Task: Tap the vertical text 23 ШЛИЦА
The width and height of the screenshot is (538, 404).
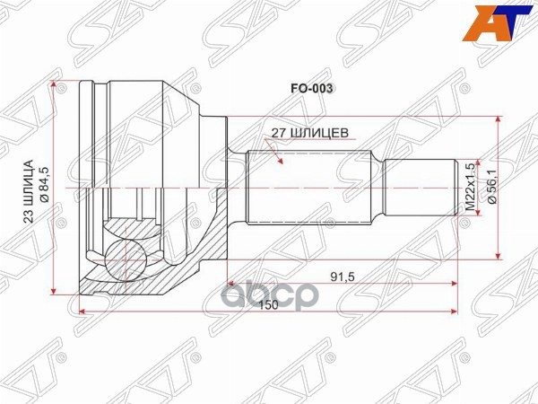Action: click(28, 190)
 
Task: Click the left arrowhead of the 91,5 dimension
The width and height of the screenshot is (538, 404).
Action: click(232, 283)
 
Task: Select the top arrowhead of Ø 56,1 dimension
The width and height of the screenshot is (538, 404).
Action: click(498, 119)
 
